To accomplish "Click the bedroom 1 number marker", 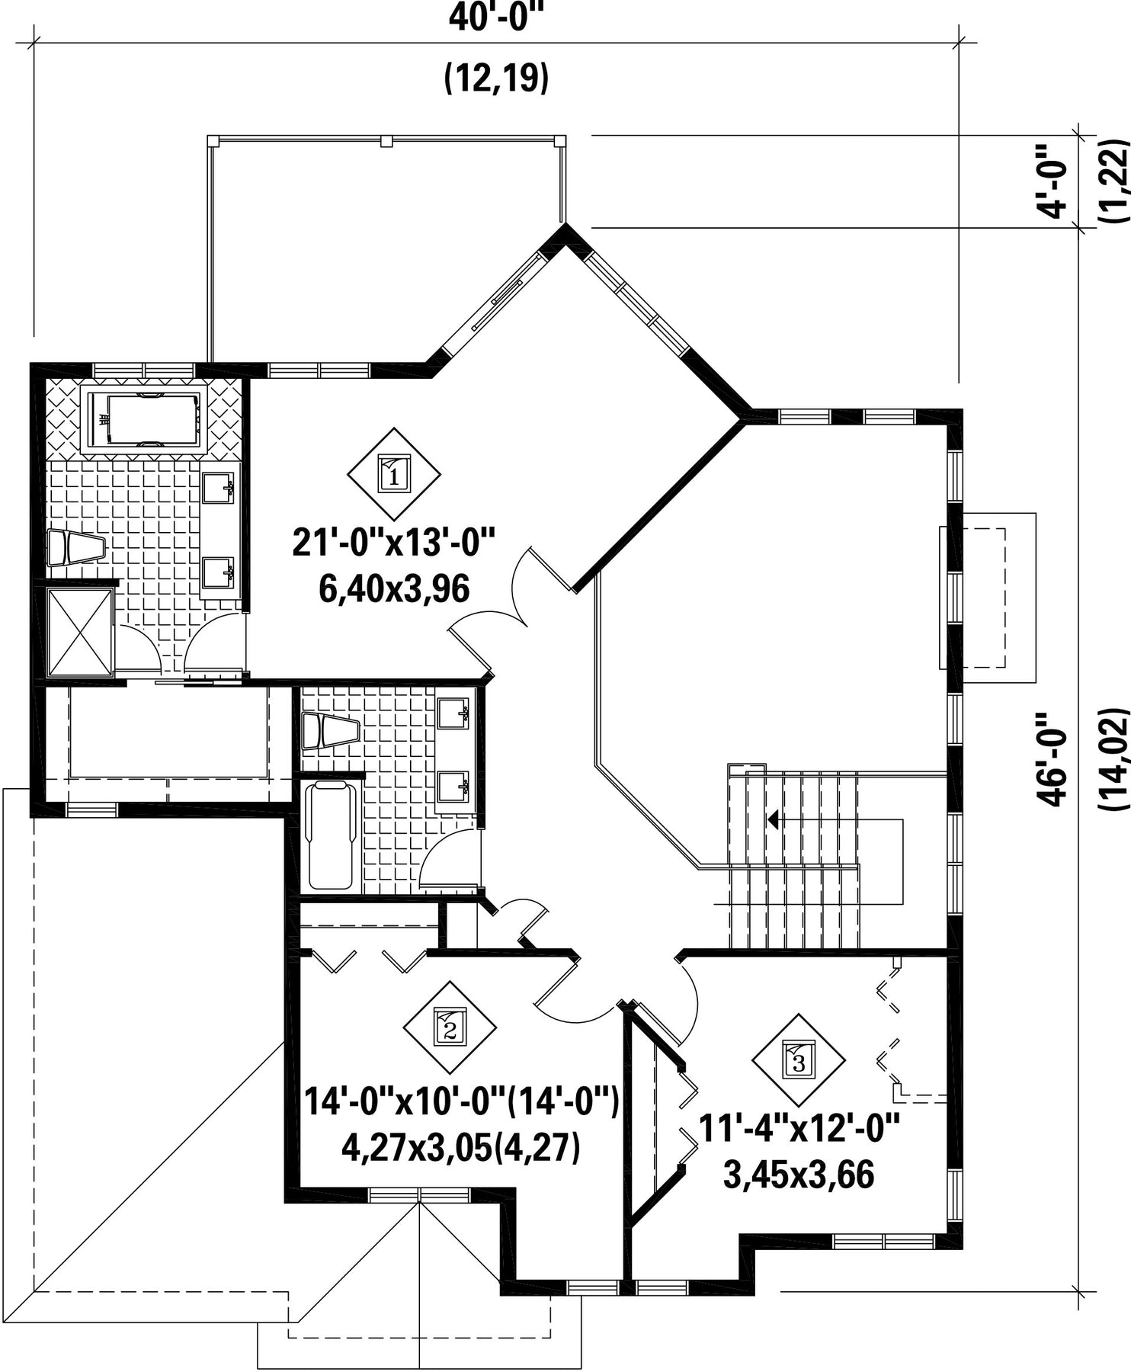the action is coord(394,474).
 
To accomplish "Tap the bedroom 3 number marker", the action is coord(799,1060).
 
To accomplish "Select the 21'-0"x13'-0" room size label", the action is coord(394,544).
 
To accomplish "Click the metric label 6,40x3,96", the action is coord(394,588).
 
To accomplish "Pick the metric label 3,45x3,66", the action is coord(799,1175).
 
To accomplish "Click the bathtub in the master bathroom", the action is coord(144,418).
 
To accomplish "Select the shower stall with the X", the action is coord(80,631).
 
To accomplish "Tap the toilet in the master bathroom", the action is coord(75,548).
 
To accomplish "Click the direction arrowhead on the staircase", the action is coord(773,820).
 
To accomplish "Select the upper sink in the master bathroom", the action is coord(219,486).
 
